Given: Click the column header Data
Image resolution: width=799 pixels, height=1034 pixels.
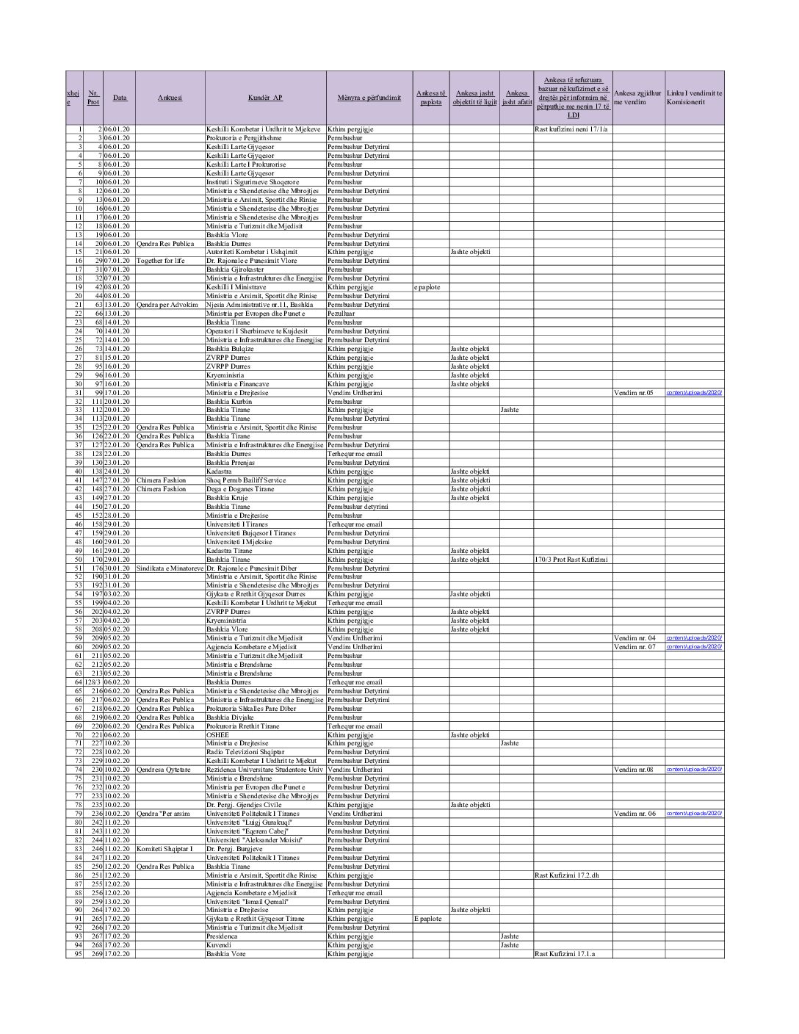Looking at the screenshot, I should tap(119, 98).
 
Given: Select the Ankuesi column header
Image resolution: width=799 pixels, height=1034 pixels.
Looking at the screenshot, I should tap(170, 98).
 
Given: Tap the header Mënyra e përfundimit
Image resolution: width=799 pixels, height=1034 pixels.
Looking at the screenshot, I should tap(369, 98).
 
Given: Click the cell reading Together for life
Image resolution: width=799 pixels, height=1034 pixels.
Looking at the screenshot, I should tap(161, 261).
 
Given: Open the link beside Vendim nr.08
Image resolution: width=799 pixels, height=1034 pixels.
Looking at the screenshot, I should tap(694, 770).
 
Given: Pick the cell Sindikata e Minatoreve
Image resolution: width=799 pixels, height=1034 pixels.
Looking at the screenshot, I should tap(170, 568).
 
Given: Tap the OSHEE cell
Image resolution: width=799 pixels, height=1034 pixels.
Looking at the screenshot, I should tap(218, 735).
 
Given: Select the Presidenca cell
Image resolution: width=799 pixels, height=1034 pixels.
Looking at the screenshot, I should tap(222, 936).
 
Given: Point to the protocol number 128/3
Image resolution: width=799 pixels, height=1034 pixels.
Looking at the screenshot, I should tap(93, 682).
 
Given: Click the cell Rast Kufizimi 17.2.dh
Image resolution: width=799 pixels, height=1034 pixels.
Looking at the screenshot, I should tap(567, 875).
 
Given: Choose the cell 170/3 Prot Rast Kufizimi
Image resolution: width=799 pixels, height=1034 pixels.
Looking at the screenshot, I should tap(571, 560).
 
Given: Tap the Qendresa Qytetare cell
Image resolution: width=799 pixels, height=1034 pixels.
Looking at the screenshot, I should tap(164, 770).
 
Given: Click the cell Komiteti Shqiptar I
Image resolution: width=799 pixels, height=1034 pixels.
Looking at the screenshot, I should tap(164, 849).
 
